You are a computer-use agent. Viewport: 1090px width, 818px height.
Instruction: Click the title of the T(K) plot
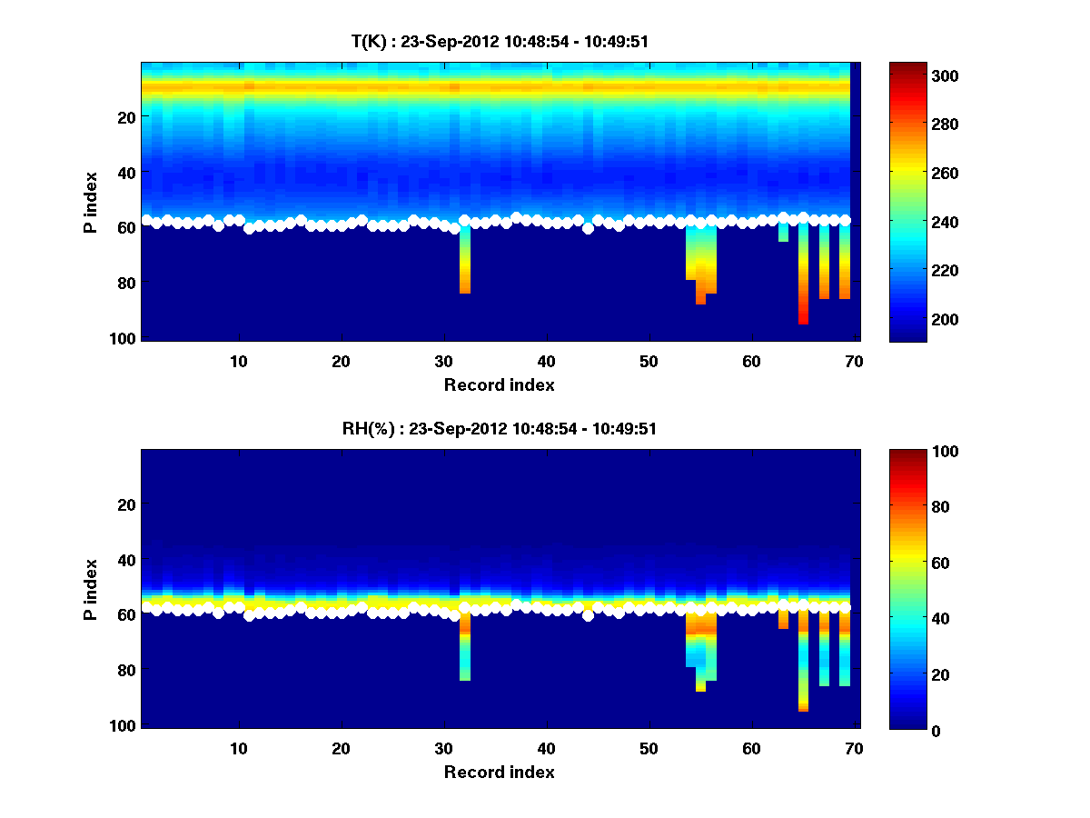(x=500, y=41)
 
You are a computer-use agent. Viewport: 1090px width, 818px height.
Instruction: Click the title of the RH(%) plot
(x=500, y=429)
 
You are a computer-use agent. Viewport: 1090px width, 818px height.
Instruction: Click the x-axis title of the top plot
(x=499, y=384)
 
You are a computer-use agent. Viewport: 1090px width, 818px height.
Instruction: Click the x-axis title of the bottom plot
(x=499, y=772)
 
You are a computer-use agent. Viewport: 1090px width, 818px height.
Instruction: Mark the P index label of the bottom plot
(x=91, y=589)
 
